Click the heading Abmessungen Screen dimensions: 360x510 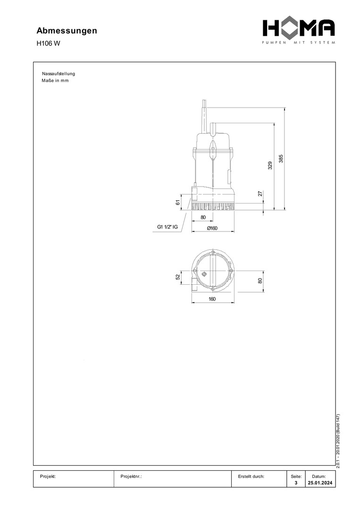click(67, 31)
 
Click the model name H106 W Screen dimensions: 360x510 click(48, 43)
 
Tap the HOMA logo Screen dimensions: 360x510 click(299, 31)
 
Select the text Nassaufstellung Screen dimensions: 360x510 click(59, 74)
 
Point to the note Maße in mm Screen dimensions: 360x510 click(55, 81)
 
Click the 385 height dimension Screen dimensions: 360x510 click(281, 158)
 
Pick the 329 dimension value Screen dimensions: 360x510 click(270, 166)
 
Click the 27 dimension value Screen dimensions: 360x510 click(260, 194)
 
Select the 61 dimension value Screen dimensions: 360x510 click(178, 202)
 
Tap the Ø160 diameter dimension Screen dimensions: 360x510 click(212, 228)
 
